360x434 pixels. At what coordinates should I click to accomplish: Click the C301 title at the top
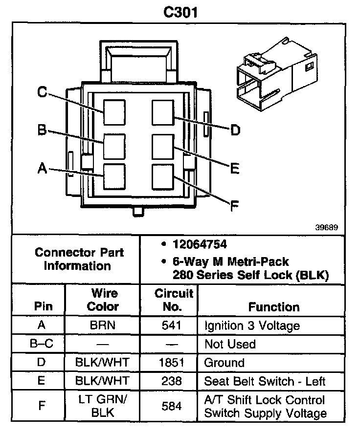180,12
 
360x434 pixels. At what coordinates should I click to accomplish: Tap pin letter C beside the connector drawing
43,91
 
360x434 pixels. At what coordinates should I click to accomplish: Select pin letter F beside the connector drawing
234,206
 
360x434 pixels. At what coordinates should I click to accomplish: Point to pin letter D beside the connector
235,130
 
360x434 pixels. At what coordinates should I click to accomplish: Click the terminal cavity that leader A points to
114,176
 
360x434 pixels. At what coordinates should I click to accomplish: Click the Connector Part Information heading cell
79,259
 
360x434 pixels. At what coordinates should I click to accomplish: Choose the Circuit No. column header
174,300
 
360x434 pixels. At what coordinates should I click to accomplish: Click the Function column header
273,307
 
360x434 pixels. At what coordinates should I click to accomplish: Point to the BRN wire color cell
103,325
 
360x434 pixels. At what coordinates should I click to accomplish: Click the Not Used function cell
230,344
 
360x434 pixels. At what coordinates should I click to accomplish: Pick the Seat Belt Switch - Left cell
265,381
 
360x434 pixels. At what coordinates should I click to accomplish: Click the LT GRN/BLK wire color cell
103,406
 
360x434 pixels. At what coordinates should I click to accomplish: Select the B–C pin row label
41,344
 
